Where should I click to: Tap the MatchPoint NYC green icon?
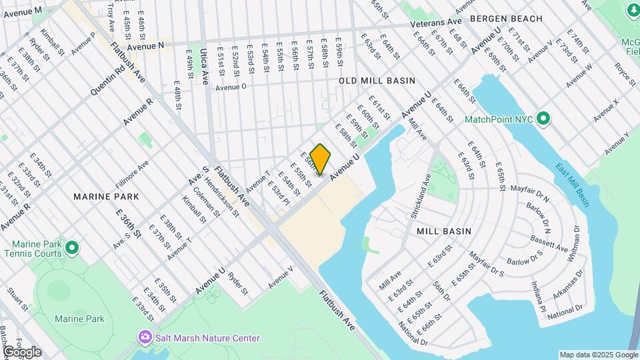[x=544, y=120]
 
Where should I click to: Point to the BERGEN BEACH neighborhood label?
[x=505, y=19]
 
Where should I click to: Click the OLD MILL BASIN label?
[x=377, y=80]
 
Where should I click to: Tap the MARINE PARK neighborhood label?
[x=107, y=197]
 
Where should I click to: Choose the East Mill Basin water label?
[x=573, y=185]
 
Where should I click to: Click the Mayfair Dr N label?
[x=529, y=193]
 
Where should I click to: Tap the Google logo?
[x=21, y=352]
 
